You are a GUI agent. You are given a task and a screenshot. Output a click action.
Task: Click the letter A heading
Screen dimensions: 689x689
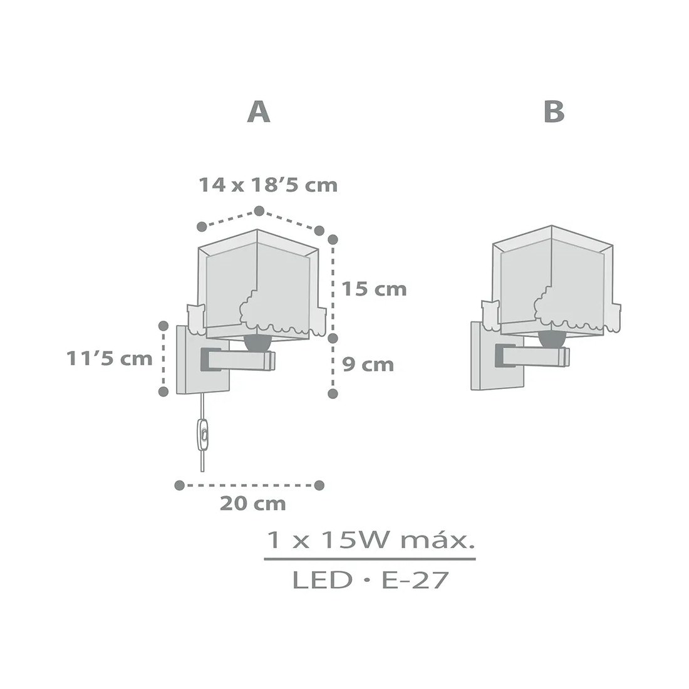(258, 112)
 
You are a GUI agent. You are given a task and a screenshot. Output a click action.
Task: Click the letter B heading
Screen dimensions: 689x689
(554, 112)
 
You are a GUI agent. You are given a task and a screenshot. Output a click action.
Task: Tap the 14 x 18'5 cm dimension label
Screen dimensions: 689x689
(268, 185)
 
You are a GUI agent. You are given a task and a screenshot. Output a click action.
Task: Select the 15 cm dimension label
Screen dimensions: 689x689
(374, 289)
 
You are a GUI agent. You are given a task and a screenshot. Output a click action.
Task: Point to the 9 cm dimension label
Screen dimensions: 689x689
(368, 365)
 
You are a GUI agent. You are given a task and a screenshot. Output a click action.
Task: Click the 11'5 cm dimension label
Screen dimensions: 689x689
(110, 358)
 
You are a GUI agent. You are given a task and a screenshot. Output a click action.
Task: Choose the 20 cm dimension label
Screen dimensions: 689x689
(252, 504)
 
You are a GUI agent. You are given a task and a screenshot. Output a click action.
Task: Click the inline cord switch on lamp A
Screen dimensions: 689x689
(202, 435)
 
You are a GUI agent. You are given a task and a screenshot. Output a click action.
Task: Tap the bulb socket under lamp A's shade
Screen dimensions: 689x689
(257, 341)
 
